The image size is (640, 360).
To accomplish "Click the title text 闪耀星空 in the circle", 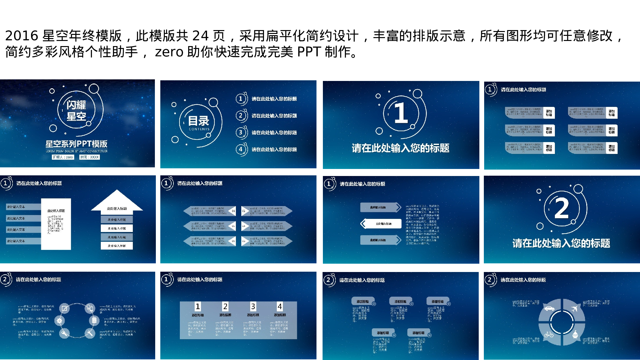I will (76, 110).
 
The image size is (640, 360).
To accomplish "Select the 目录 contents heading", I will (198, 121).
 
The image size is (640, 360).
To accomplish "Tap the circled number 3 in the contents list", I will (241, 132).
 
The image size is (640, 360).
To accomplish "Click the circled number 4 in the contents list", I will (241, 149).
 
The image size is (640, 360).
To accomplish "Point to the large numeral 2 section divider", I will (561, 208).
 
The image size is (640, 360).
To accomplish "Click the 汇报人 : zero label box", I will (63, 157).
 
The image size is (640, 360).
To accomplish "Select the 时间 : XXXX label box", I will (89, 157).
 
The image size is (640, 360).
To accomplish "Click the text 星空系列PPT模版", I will (76, 144).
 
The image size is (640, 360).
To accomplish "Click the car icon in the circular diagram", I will (549, 308).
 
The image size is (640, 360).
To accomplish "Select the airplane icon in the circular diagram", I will (574, 308).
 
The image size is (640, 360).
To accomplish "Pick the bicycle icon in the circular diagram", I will (549, 335).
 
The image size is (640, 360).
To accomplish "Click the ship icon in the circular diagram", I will (575, 335).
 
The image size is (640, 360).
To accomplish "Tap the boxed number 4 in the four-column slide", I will (280, 307).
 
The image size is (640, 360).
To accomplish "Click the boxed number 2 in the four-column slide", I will (225, 307).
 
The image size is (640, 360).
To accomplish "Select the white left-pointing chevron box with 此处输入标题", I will (381, 224).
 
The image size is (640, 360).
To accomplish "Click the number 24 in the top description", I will (201, 36).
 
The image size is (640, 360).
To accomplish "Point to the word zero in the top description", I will (169, 52).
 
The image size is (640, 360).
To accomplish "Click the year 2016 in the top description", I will (21, 36).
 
